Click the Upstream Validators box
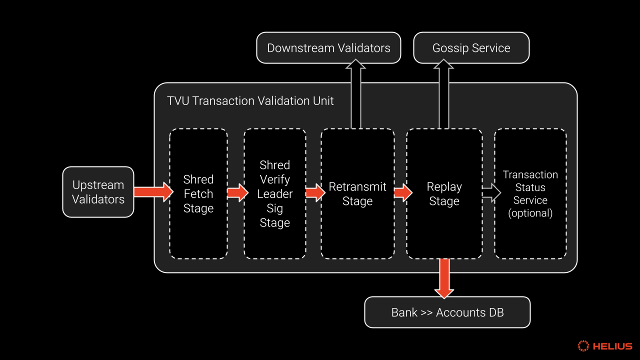click(x=98, y=192)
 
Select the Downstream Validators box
click(x=328, y=47)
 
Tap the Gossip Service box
click(x=471, y=47)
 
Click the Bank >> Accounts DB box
click(x=447, y=312)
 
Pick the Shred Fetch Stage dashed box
click(x=198, y=193)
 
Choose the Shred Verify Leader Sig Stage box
click(x=275, y=193)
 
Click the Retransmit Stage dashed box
click(x=357, y=193)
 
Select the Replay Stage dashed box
click(x=444, y=193)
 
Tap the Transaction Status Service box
click(x=530, y=193)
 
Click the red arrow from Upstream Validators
click(x=153, y=192)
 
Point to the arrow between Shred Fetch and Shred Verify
click(x=237, y=193)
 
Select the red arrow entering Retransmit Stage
click(x=315, y=193)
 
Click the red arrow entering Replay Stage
click(x=403, y=193)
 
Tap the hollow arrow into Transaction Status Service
click(x=491, y=193)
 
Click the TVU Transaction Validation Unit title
click(x=250, y=101)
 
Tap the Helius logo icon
click(x=583, y=345)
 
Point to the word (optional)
click(x=530, y=213)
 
